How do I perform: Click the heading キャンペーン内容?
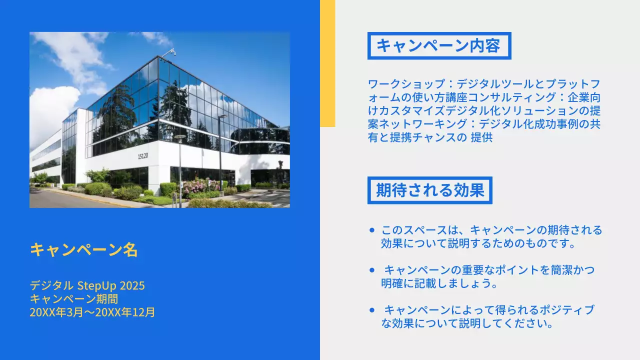438,46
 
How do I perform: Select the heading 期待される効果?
430,190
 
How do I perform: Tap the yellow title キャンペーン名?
83,249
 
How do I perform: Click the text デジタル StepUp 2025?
87,285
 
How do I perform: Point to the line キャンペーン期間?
73,299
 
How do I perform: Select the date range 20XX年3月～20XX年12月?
92,312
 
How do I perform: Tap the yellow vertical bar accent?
327,63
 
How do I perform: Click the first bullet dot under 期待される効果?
371,230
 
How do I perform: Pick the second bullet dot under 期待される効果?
371,270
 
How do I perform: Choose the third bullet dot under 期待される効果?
371,310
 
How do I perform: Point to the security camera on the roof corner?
172,51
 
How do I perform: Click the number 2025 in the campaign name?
131,285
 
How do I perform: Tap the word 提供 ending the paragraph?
482,137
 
